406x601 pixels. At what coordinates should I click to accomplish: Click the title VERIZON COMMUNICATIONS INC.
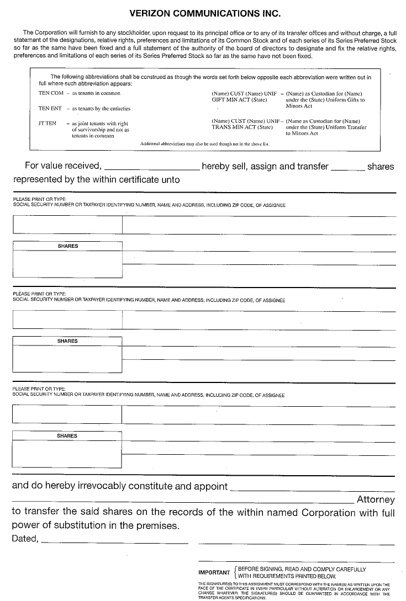coord(204,12)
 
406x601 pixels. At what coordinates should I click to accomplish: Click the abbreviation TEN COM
coord(51,93)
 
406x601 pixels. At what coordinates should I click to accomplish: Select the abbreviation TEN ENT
coord(50,109)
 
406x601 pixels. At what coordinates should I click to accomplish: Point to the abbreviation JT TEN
coord(48,124)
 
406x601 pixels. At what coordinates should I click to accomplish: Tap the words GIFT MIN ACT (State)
coord(239,100)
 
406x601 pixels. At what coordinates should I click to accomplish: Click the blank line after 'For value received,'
coord(152,168)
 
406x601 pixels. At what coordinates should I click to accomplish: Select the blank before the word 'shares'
coord(347,168)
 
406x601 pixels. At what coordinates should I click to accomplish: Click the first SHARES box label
coord(67,246)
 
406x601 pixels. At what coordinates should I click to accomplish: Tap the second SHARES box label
coord(67,341)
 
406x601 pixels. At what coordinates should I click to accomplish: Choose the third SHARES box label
coord(67,436)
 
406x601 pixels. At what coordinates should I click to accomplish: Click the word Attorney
coord(376,500)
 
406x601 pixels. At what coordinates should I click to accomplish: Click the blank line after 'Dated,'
coord(115,541)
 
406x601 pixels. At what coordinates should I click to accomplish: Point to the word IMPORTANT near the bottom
coord(214,572)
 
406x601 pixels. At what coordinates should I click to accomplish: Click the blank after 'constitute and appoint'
coord(312,488)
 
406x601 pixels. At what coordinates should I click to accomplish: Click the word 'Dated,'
coord(25,539)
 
